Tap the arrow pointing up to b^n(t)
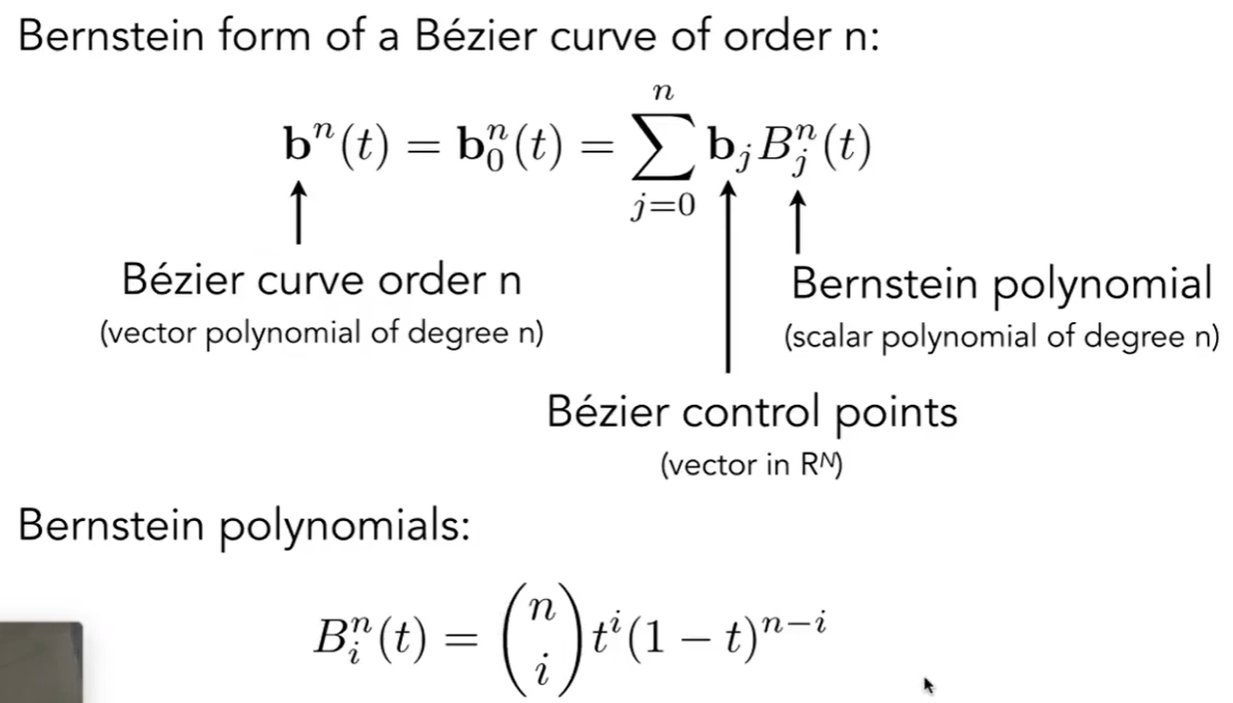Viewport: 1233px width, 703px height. (x=300, y=214)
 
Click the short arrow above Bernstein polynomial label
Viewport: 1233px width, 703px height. (x=799, y=221)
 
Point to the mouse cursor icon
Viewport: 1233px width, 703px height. (x=929, y=684)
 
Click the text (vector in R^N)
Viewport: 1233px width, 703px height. (x=751, y=468)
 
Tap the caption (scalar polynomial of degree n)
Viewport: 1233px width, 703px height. (x=1001, y=337)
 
